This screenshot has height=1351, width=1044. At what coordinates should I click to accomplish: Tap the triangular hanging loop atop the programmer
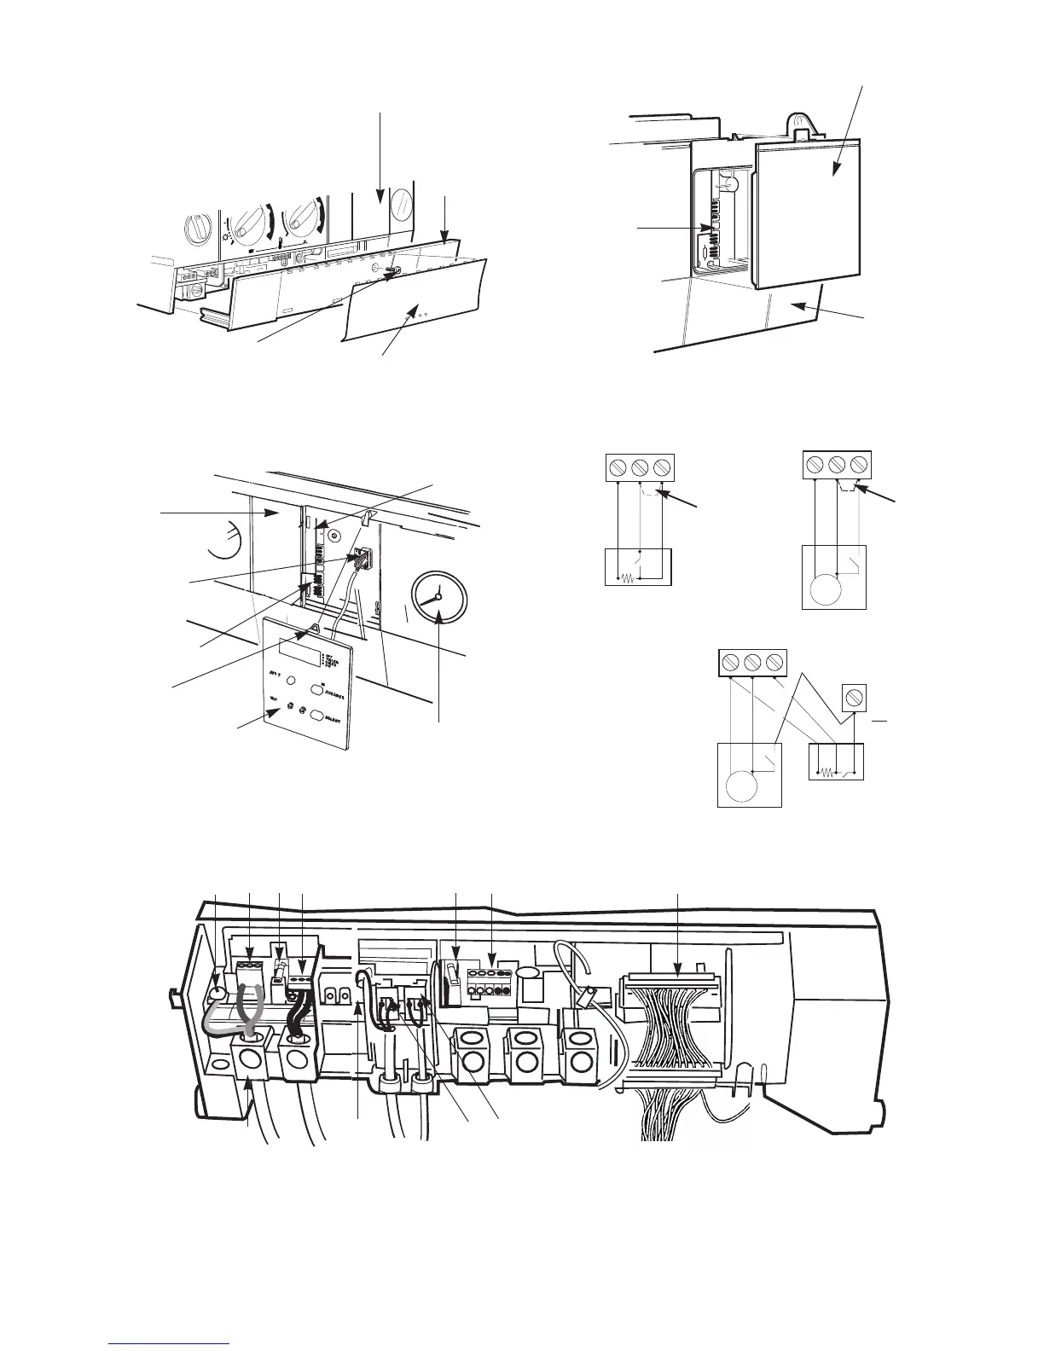click(312, 629)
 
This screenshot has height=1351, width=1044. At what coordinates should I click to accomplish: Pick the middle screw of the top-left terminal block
click(641, 467)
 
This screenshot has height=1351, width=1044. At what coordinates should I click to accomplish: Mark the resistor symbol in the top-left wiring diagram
click(626, 577)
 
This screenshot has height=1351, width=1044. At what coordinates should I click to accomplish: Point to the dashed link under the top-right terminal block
click(848, 487)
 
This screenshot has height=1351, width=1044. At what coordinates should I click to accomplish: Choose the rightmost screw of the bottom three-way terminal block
click(774, 662)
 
